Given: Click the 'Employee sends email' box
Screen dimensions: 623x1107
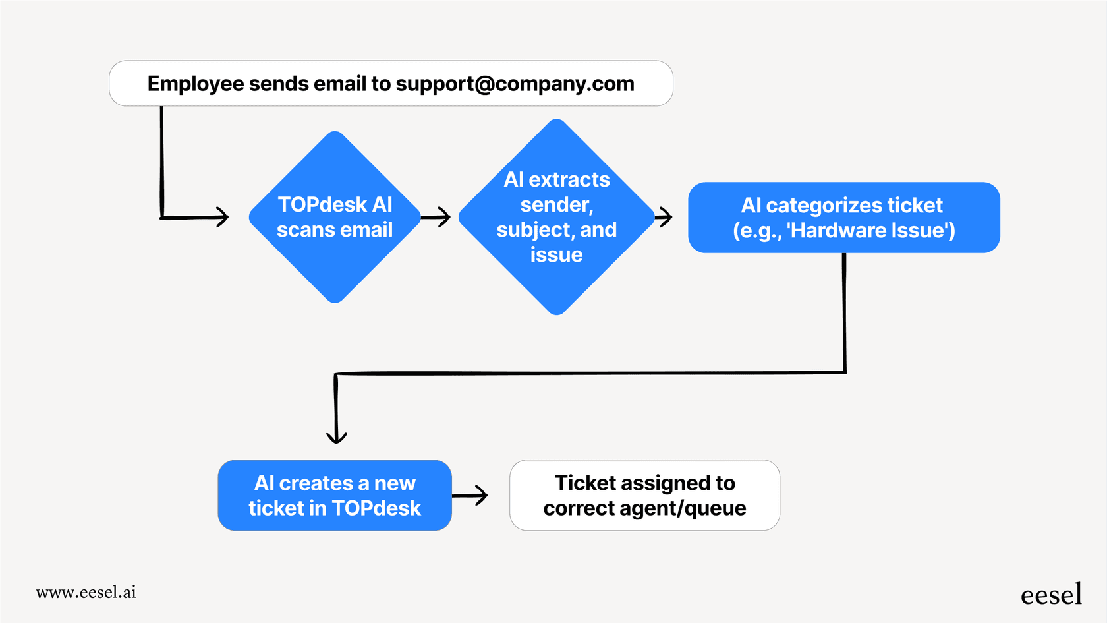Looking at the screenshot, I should (x=391, y=84).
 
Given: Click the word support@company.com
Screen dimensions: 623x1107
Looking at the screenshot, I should (x=515, y=84).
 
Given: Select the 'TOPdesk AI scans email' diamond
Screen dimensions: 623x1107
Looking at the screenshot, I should (x=335, y=218).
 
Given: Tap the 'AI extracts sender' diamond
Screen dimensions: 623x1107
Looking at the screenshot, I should (x=557, y=217).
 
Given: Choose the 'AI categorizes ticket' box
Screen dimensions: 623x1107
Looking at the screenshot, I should (x=843, y=218).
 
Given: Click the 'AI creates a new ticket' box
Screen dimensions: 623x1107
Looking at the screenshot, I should (x=335, y=495).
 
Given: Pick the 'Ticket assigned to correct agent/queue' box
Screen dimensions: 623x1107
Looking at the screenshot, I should (x=644, y=495).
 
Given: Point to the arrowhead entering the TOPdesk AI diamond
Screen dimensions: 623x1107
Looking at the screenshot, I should (x=223, y=216).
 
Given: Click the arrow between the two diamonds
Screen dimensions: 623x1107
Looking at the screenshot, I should (x=436, y=216).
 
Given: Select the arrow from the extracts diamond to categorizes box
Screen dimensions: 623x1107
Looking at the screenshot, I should (x=664, y=216).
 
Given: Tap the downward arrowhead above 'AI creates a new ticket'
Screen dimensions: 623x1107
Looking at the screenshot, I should (x=336, y=436).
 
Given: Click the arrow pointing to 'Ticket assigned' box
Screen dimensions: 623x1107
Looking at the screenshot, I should (x=470, y=495).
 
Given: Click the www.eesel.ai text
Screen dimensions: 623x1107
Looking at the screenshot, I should (x=86, y=592).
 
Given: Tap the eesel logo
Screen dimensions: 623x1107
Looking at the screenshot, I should (x=1051, y=595).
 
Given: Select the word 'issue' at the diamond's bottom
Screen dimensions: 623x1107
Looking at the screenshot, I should (x=556, y=255).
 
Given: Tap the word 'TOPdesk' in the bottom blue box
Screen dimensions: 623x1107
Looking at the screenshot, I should (x=376, y=508).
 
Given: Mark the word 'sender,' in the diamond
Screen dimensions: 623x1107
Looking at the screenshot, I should (x=557, y=205).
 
